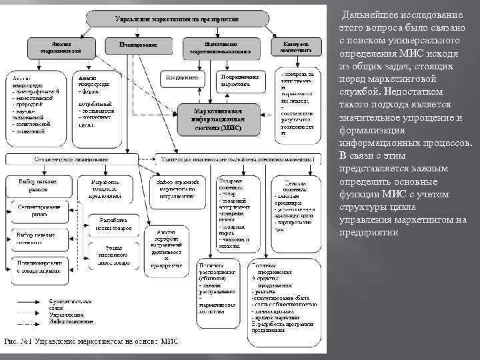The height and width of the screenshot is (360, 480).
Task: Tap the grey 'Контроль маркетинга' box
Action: [x=294, y=45]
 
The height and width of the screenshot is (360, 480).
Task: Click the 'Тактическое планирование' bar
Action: [x=237, y=160]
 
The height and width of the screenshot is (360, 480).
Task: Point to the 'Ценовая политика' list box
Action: [x=293, y=203]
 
